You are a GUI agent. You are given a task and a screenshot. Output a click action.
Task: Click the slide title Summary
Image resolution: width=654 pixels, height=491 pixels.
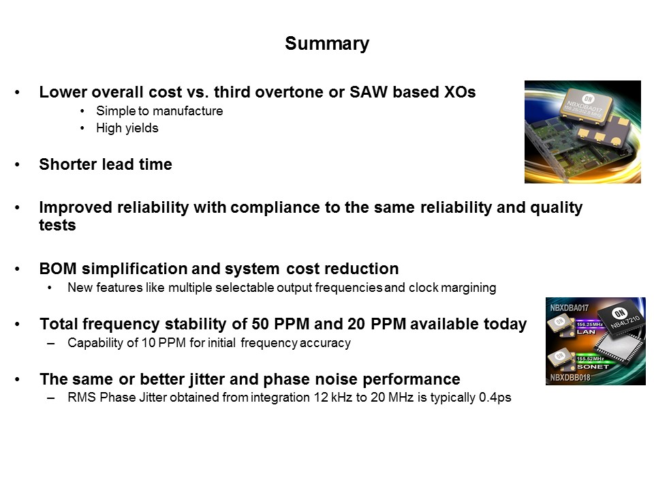[327, 44]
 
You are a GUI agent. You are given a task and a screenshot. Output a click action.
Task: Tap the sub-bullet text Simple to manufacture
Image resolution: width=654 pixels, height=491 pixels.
[159, 110]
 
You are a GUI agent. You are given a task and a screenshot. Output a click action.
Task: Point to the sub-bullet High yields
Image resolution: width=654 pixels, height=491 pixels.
[127, 128]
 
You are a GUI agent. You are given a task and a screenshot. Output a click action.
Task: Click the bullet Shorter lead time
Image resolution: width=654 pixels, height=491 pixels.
[106, 164]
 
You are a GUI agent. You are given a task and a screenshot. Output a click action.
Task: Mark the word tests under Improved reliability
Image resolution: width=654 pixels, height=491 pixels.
[57, 226]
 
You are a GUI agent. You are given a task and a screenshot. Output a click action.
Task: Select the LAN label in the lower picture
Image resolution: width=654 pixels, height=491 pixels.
[586, 331]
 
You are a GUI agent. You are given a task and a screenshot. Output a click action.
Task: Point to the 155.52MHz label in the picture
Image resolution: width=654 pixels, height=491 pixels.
[591, 357]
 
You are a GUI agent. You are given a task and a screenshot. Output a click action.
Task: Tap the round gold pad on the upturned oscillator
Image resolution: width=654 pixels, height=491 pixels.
[599, 137]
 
